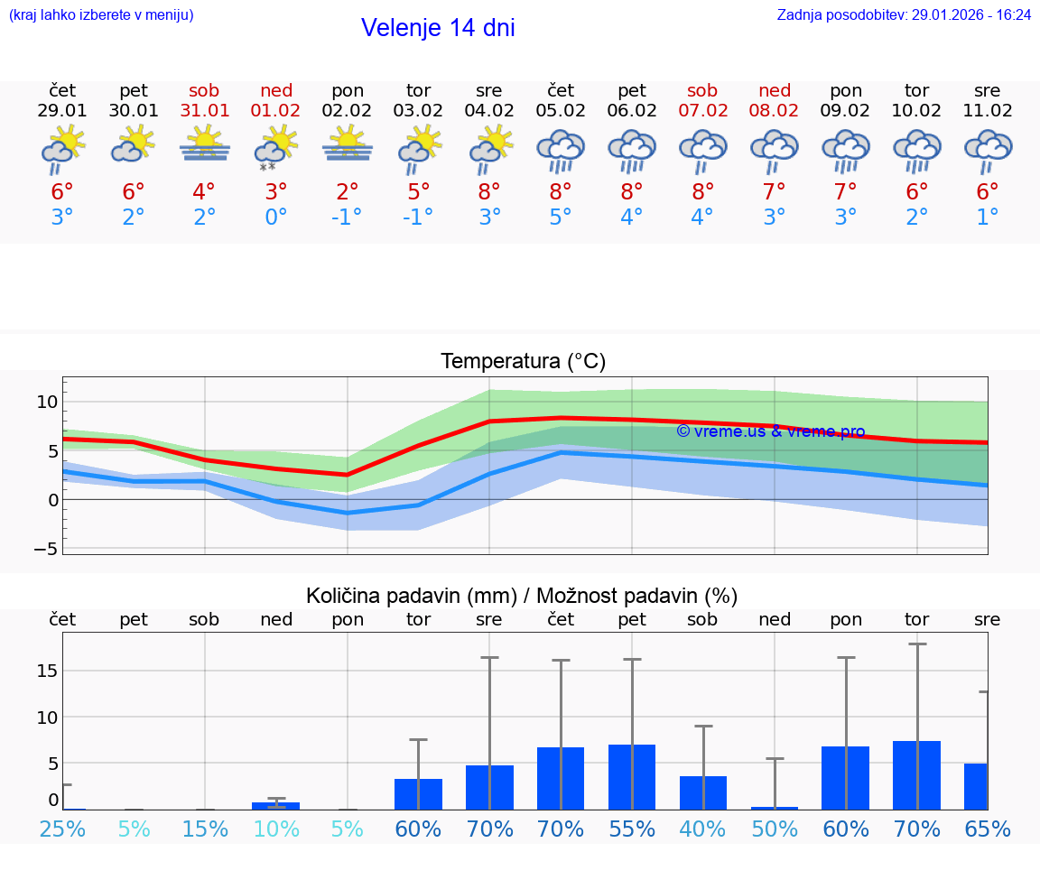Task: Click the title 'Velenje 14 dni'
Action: [x=438, y=28]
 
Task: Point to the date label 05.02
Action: [x=561, y=111]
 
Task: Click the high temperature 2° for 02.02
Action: [x=348, y=192]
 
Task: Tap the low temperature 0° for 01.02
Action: [x=275, y=218]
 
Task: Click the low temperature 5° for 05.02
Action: [x=561, y=218]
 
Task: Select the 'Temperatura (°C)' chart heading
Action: [x=523, y=362]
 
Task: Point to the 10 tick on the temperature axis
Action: [x=47, y=402]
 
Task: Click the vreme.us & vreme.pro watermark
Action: [x=770, y=431]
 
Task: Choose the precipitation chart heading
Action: [x=522, y=596]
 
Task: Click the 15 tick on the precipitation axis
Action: [x=47, y=671]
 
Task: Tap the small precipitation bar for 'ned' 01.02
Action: [x=275, y=806]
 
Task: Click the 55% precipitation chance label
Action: [x=632, y=829]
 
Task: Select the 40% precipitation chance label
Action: [x=702, y=829]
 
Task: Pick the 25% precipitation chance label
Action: [x=62, y=829]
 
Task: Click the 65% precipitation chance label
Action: [x=988, y=829]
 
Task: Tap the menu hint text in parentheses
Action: [x=101, y=15]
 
